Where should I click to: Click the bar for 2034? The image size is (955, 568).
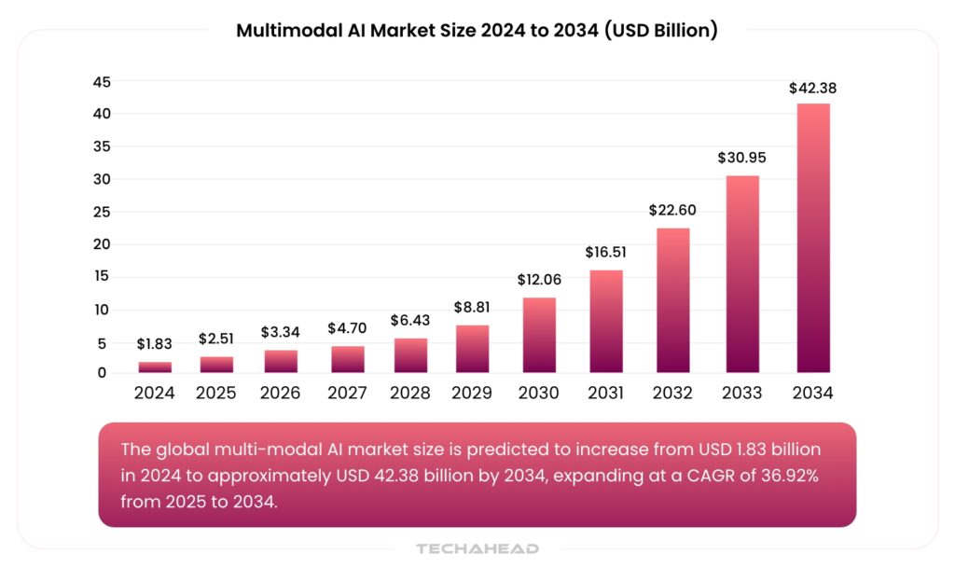click(x=812, y=238)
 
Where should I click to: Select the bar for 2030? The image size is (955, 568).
click(x=539, y=336)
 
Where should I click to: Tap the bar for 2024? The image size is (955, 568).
click(x=155, y=367)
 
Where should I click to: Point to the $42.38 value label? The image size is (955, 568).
click(x=812, y=89)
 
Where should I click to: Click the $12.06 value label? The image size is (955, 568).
click(x=539, y=280)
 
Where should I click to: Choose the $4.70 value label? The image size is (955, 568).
click(x=348, y=328)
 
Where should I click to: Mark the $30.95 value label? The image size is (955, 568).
click(x=741, y=158)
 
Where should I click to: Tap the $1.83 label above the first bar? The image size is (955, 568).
click(x=155, y=344)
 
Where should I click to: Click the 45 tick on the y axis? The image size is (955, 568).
click(x=101, y=82)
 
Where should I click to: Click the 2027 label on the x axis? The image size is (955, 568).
click(x=348, y=393)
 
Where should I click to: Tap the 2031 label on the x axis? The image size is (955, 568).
click(x=606, y=393)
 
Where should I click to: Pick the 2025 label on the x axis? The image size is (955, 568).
click(x=216, y=393)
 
